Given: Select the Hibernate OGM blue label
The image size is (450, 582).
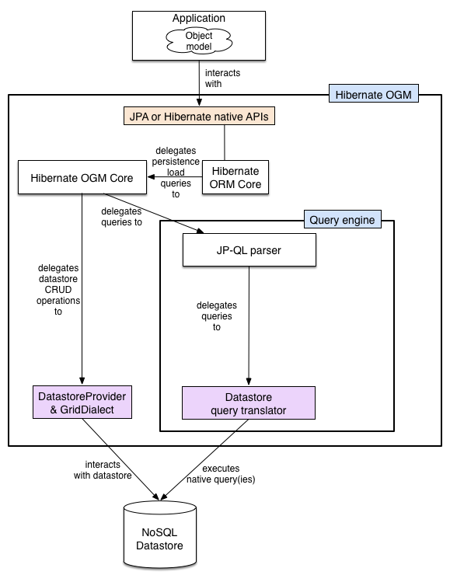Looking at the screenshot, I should tap(374, 95).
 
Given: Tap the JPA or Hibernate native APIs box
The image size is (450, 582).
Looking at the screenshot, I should tap(201, 117).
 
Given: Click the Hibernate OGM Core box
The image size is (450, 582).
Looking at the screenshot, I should tap(82, 178).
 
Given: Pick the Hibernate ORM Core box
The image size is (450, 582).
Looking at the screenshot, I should tap(234, 178).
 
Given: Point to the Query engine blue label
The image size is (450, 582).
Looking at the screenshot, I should tap(342, 220).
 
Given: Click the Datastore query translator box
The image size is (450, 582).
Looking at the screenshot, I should tap(248, 403).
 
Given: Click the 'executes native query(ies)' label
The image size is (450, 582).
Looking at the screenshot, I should tap(220, 474).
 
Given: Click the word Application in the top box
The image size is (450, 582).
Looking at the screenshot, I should tap(200, 18).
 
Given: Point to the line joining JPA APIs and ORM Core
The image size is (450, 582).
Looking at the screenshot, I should tap(225, 143).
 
